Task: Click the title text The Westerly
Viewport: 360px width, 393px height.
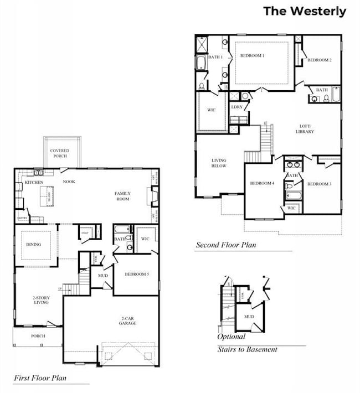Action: coord(304,11)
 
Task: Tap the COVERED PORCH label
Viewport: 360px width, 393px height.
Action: coord(59,153)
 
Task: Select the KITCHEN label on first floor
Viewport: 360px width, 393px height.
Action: coord(34,182)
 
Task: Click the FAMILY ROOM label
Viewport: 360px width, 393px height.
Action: coord(122,196)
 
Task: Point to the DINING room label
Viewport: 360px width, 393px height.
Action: coord(33,244)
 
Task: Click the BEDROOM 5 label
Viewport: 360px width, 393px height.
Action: coord(136,275)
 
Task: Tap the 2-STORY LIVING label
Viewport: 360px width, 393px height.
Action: coord(41,300)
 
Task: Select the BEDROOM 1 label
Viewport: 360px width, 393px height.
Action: coord(252,56)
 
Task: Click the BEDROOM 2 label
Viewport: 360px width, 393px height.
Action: coord(319,60)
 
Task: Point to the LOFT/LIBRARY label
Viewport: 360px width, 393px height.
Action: coord(305,128)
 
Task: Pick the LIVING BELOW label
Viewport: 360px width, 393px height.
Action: coord(219,163)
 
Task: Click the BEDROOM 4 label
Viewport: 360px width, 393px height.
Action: coord(262,183)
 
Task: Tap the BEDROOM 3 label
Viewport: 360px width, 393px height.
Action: coord(319,184)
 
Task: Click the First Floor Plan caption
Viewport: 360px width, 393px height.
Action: coord(39,378)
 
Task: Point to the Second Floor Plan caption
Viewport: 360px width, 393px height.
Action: coord(225,245)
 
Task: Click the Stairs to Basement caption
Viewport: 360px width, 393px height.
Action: coord(247,349)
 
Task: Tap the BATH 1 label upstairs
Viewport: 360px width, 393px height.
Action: coord(215,57)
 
